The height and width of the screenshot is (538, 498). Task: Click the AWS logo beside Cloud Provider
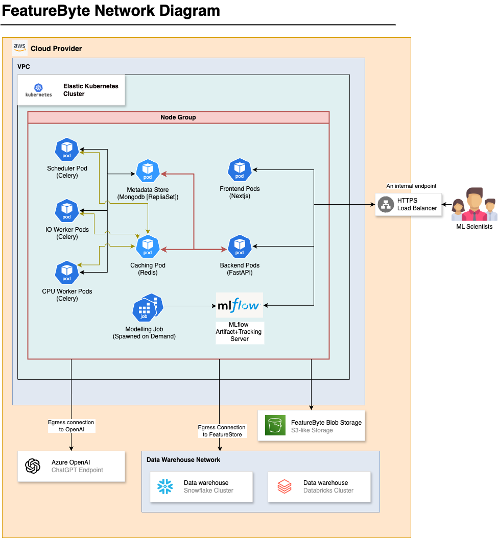point(19,47)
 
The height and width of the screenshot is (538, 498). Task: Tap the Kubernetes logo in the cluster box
point(39,90)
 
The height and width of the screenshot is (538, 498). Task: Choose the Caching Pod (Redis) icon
point(148,247)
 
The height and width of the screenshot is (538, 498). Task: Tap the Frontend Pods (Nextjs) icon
point(239,170)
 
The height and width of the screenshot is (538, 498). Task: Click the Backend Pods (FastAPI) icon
point(239,247)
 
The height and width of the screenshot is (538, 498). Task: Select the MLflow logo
point(240,306)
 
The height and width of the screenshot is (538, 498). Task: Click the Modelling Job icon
point(147,308)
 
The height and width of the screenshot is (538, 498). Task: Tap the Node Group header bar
point(178,117)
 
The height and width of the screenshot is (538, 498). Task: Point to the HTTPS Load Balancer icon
point(386,205)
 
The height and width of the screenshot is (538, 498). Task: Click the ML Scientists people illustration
point(474,204)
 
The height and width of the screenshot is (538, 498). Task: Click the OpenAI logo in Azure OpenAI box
point(33,466)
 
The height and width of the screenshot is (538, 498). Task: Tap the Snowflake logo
point(165,486)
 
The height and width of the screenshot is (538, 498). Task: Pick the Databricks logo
point(284,486)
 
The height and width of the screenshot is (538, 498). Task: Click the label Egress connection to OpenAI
point(71,426)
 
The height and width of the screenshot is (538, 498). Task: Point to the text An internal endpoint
point(411,186)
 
